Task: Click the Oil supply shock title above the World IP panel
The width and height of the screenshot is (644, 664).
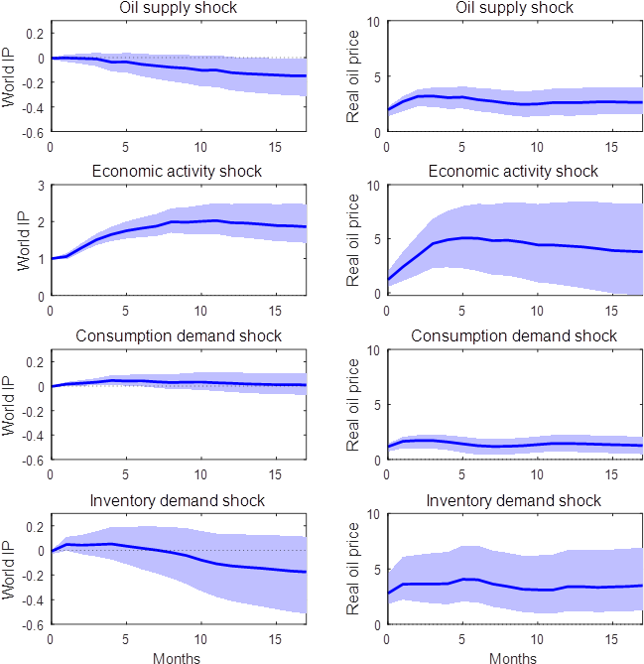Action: tap(178, 8)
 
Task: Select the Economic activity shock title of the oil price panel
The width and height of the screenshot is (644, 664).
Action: tap(513, 172)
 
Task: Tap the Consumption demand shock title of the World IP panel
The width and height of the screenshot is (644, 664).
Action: tap(178, 335)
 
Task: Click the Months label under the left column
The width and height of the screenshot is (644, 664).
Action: tap(178, 657)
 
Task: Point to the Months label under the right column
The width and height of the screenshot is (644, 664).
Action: tap(513, 657)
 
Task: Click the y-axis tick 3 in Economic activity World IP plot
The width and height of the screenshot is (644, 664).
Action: tap(41, 186)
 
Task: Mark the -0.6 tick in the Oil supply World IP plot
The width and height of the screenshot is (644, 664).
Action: tap(32, 132)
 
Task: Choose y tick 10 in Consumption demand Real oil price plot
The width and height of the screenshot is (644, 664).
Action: tap(373, 349)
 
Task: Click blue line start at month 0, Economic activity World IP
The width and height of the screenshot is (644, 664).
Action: tap(51, 259)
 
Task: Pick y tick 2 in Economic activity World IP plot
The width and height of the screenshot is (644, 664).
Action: tap(41, 222)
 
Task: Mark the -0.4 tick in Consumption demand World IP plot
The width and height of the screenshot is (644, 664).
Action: tap(32, 436)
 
